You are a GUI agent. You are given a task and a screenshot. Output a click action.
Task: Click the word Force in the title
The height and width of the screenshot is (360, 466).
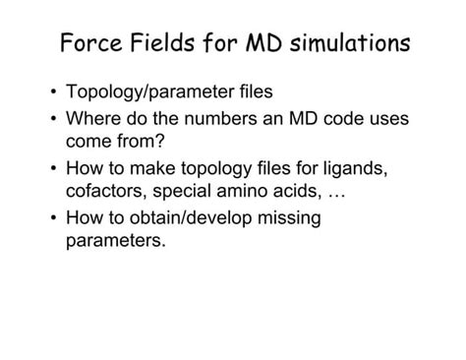89,44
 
